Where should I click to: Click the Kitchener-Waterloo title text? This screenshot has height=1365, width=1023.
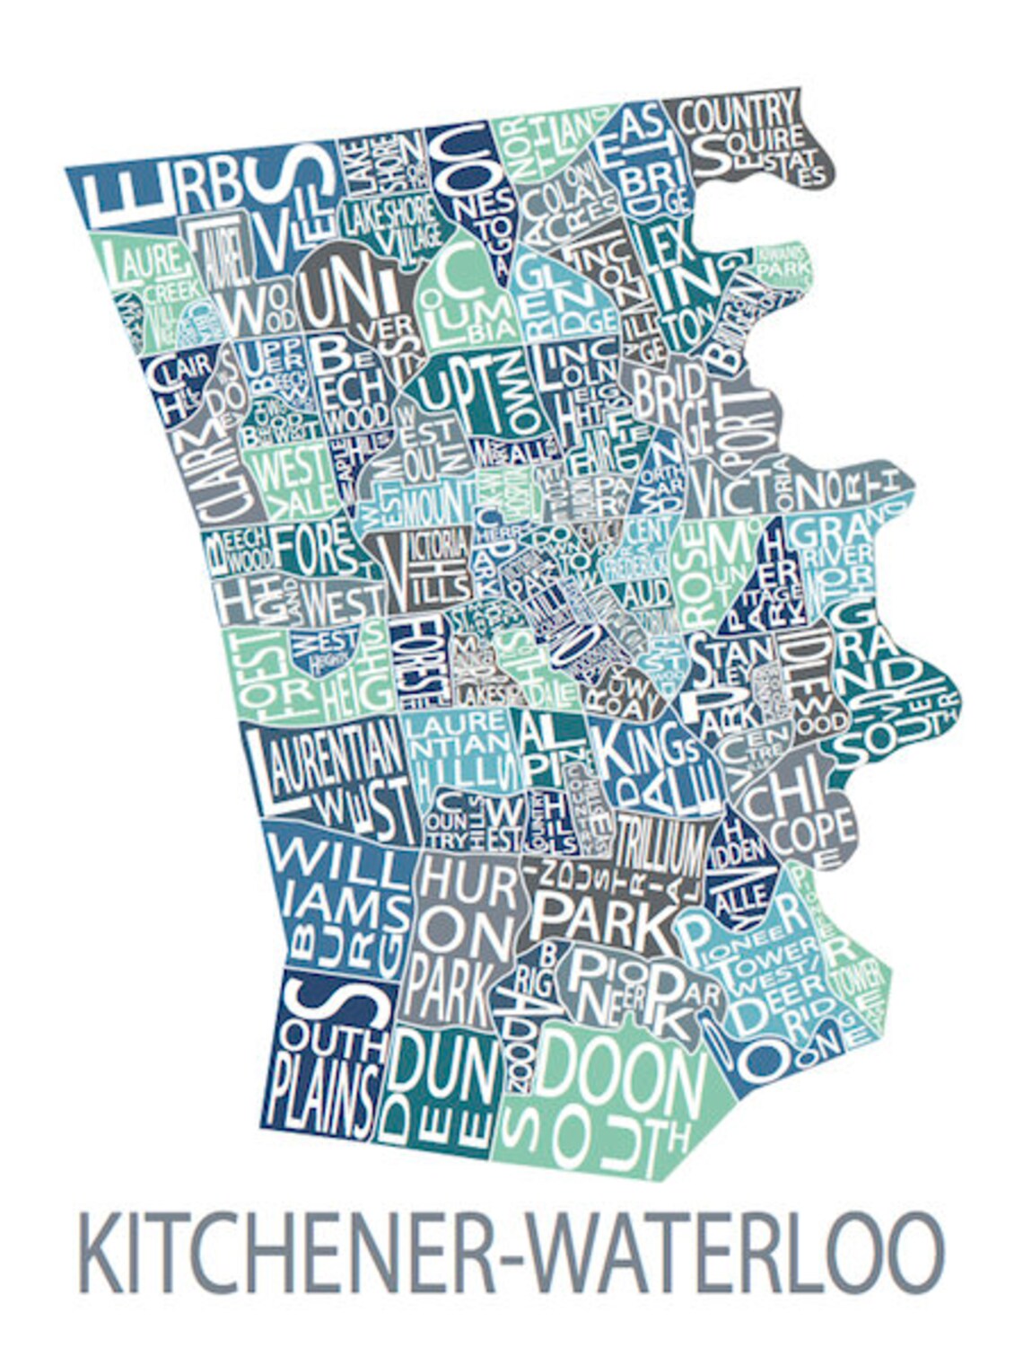511,1252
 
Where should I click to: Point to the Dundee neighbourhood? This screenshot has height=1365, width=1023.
440,1087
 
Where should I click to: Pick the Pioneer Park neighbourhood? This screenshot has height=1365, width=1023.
628,988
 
